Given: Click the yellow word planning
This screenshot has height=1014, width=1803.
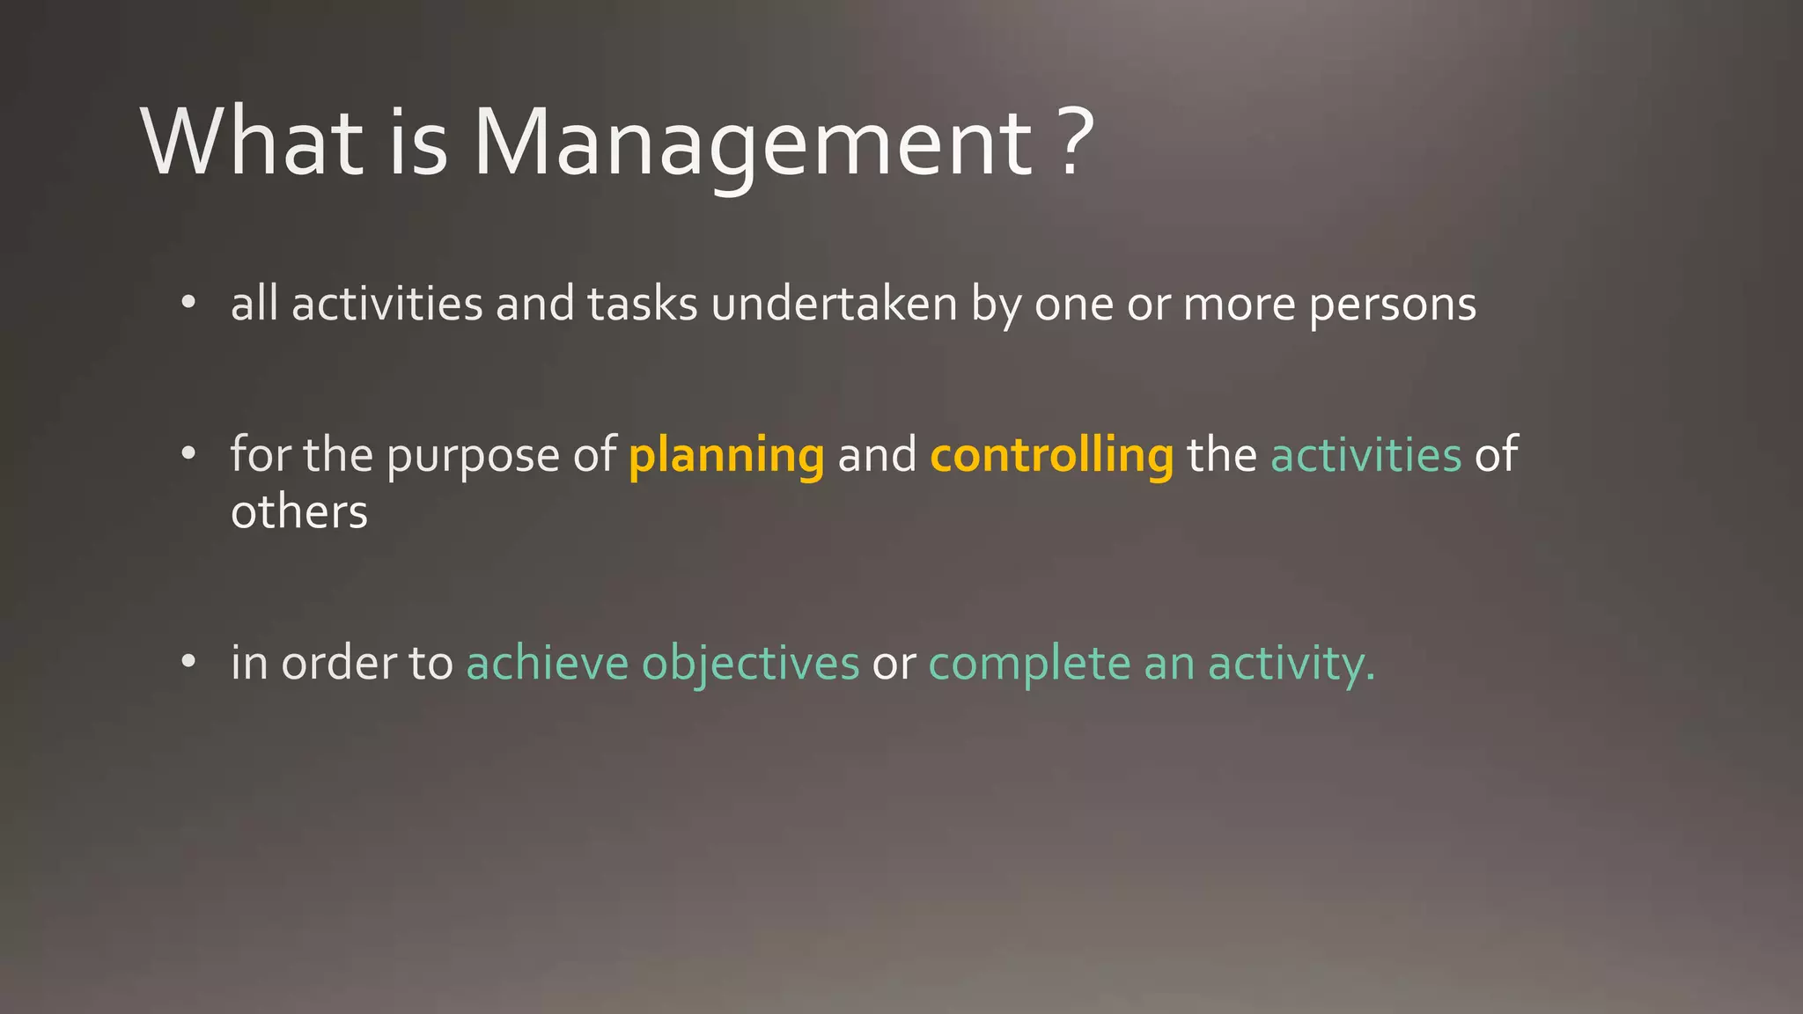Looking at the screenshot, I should (726, 456).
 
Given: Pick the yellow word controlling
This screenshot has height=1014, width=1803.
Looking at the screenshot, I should (1051, 456).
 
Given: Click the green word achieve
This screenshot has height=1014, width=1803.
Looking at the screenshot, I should (547, 664).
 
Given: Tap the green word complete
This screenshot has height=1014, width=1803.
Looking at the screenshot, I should (1029, 664).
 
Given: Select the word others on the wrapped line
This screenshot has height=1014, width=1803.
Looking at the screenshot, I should (298, 512).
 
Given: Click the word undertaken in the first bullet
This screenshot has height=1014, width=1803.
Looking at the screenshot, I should (834, 305).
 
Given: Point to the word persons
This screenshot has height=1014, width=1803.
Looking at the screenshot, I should (1392, 305).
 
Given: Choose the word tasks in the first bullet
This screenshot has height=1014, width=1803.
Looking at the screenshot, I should (642, 305).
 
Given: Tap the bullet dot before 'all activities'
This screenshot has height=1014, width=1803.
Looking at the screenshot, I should (188, 304).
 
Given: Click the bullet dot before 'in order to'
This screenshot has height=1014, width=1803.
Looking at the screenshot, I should (188, 663).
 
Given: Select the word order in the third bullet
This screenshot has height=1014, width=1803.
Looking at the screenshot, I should (338, 664).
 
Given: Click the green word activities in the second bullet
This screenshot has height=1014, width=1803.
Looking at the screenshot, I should (1365, 456).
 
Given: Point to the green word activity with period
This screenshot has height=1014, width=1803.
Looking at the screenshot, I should (1291, 664).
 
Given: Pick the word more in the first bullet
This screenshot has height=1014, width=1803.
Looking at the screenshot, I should (1239, 305).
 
